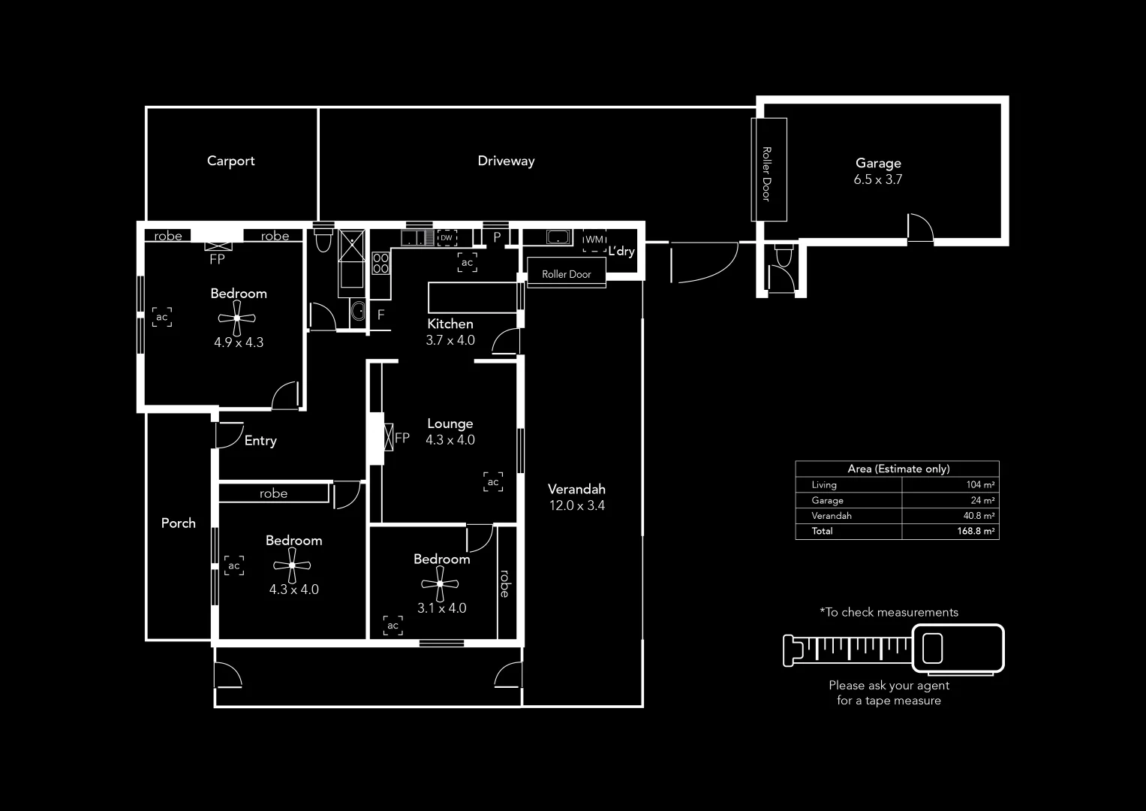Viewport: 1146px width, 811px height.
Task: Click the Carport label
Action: (x=230, y=161)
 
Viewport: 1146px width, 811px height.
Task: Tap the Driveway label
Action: (x=506, y=161)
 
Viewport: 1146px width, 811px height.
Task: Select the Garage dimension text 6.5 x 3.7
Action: (x=877, y=179)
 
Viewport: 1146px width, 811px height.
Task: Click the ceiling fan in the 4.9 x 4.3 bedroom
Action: (x=237, y=318)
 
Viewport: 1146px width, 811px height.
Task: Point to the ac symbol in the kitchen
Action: (x=467, y=263)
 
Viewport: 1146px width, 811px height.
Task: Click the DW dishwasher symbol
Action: (x=447, y=238)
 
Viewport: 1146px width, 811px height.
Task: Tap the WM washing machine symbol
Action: (x=594, y=240)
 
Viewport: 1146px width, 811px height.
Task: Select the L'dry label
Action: (x=621, y=251)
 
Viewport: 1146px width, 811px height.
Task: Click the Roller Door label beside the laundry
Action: (x=566, y=274)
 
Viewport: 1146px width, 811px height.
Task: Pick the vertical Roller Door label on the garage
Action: (x=766, y=173)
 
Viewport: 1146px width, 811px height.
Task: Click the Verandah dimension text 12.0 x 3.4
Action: (x=576, y=505)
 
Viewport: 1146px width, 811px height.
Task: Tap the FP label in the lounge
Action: (x=402, y=438)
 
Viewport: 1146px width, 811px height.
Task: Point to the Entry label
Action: (x=260, y=441)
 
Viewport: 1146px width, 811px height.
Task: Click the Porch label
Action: (x=178, y=523)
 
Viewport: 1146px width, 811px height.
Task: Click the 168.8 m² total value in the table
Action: (x=976, y=531)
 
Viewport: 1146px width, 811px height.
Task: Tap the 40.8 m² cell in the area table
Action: (x=979, y=516)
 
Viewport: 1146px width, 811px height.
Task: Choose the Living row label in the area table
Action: (x=824, y=485)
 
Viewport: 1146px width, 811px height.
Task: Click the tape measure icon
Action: (x=893, y=648)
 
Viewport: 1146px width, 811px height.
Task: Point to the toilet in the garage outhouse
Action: (x=783, y=256)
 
